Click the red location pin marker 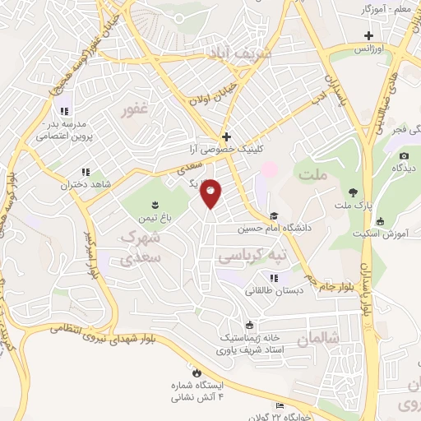click(210, 193)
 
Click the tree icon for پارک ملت click(353, 192)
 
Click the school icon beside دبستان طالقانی click(273, 279)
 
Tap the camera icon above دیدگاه click(403, 156)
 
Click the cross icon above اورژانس click(369, 36)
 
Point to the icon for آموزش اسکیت click(380, 221)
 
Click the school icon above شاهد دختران click(85, 173)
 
